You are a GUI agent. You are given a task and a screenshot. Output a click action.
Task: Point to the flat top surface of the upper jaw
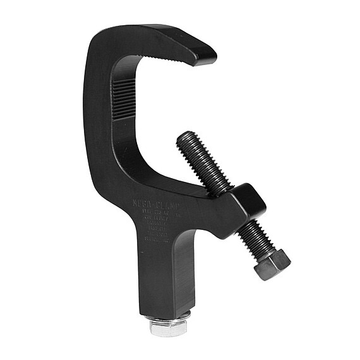click(x=171, y=35)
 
